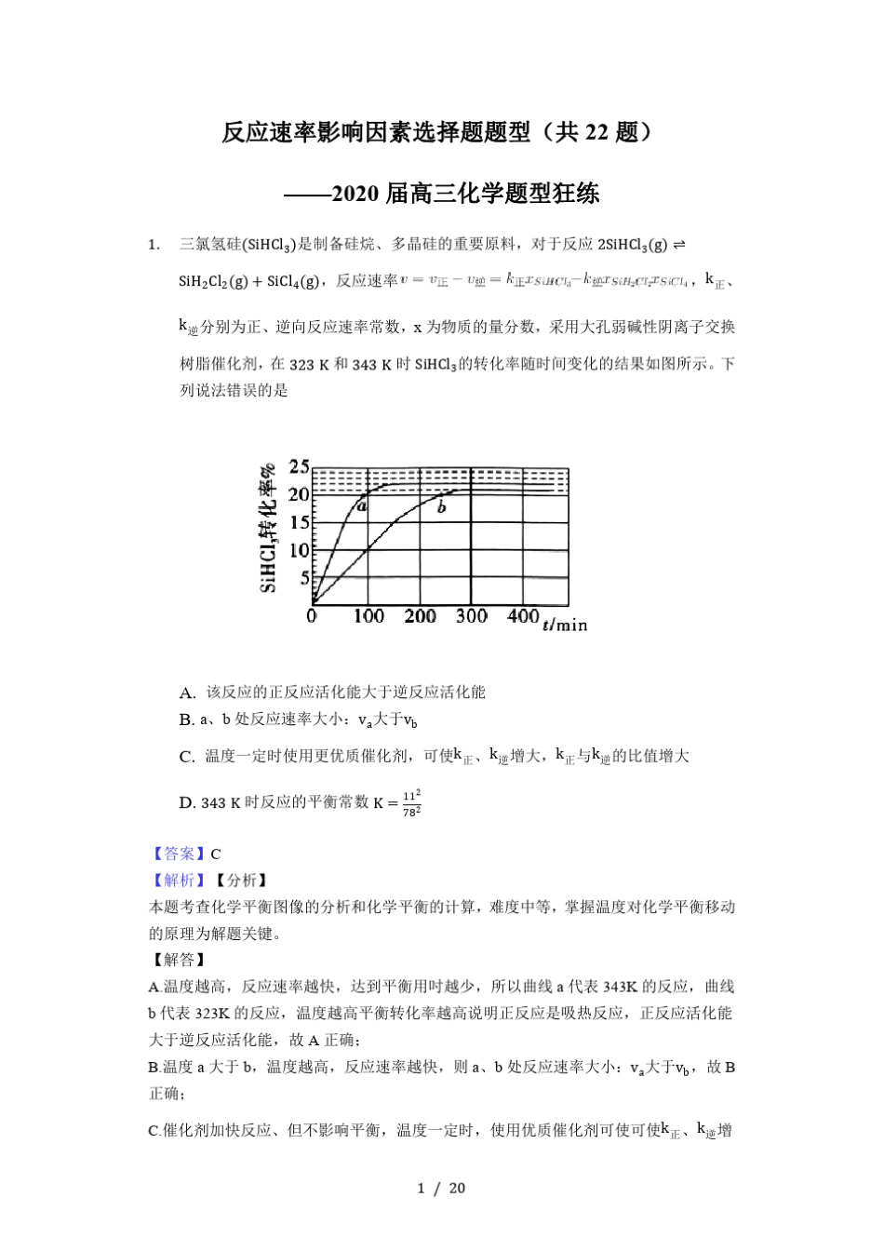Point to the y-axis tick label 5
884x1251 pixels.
click(x=303, y=578)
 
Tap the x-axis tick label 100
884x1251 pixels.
click(x=368, y=615)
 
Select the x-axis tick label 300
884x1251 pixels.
click(x=472, y=615)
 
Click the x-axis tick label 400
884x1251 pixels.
click(x=523, y=615)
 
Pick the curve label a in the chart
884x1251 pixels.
click(x=362, y=507)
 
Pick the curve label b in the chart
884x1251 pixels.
click(x=441, y=507)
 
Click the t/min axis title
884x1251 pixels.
click(x=565, y=624)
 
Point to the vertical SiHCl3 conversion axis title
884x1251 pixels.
click(x=267, y=527)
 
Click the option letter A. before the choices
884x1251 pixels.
click(x=187, y=693)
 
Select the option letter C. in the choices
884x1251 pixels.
click(x=187, y=757)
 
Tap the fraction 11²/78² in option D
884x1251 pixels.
click(x=412, y=801)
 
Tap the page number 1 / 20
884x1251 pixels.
click(x=441, y=1188)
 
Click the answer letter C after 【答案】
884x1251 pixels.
click(x=216, y=854)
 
